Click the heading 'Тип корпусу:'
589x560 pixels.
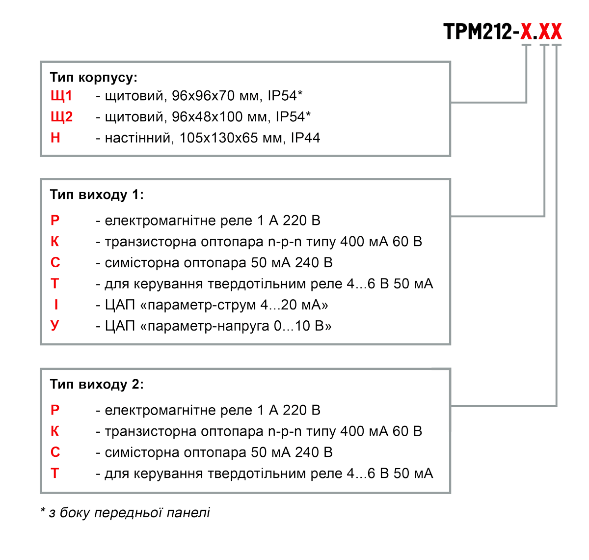(x=93, y=78)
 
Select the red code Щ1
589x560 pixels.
(x=61, y=96)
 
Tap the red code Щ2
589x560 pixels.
(x=62, y=117)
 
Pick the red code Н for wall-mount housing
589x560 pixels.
(x=55, y=138)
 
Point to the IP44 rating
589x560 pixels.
(x=305, y=138)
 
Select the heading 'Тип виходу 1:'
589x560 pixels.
(x=97, y=195)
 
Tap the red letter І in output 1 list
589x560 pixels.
(x=56, y=305)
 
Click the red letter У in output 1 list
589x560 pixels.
(x=55, y=326)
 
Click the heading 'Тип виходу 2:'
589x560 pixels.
(x=97, y=384)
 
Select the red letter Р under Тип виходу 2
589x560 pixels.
(x=55, y=410)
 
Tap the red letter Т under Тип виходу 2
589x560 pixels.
(x=54, y=473)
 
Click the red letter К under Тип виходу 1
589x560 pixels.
(x=55, y=242)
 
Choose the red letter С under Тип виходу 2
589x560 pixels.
(x=55, y=452)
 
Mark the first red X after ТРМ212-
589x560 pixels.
(x=526, y=31)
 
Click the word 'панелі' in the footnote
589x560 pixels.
(x=188, y=513)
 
